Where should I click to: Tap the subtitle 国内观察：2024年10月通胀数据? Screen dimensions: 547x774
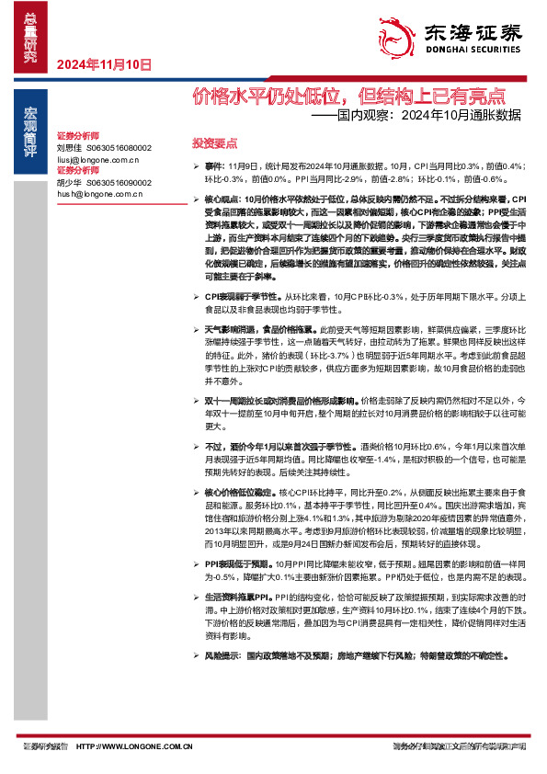[419, 116]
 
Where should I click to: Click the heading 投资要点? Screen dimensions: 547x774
[214, 143]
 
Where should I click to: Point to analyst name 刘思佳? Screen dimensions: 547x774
[70, 147]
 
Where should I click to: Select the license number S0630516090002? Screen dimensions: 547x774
[120, 181]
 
